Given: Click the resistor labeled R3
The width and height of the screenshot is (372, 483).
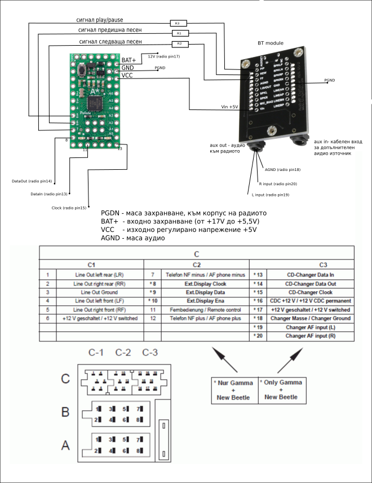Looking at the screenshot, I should pyautogui.click(x=177, y=24).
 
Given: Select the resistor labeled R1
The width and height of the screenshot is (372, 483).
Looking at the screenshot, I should pyautogui.click(x=178, y=33).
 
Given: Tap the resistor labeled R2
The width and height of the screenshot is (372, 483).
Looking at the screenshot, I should pyautogui.click(x=179, y=43).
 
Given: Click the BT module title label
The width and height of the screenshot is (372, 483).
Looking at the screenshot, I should pyautogui.click(x=271, y=43).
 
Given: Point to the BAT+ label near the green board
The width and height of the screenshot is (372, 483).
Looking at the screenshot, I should pyautogui.click(x=129, y=60).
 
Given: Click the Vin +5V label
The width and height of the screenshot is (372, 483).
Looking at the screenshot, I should pyautogui.click(x=229, y=106).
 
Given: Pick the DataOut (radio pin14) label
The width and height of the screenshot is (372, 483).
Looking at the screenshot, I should pyautogui.click(x=32, y=181).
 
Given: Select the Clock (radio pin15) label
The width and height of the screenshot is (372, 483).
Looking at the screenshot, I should pyautogui.click(x=68, y=208).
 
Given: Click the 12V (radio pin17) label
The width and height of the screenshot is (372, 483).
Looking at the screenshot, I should pyautogui.click(x=164, y=56).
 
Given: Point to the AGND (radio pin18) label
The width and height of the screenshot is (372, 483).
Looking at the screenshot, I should pyautogui.click(x=282, y=169).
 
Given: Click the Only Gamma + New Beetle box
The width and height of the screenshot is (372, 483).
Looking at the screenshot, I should pyautogui.click(x=280, y=390).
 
